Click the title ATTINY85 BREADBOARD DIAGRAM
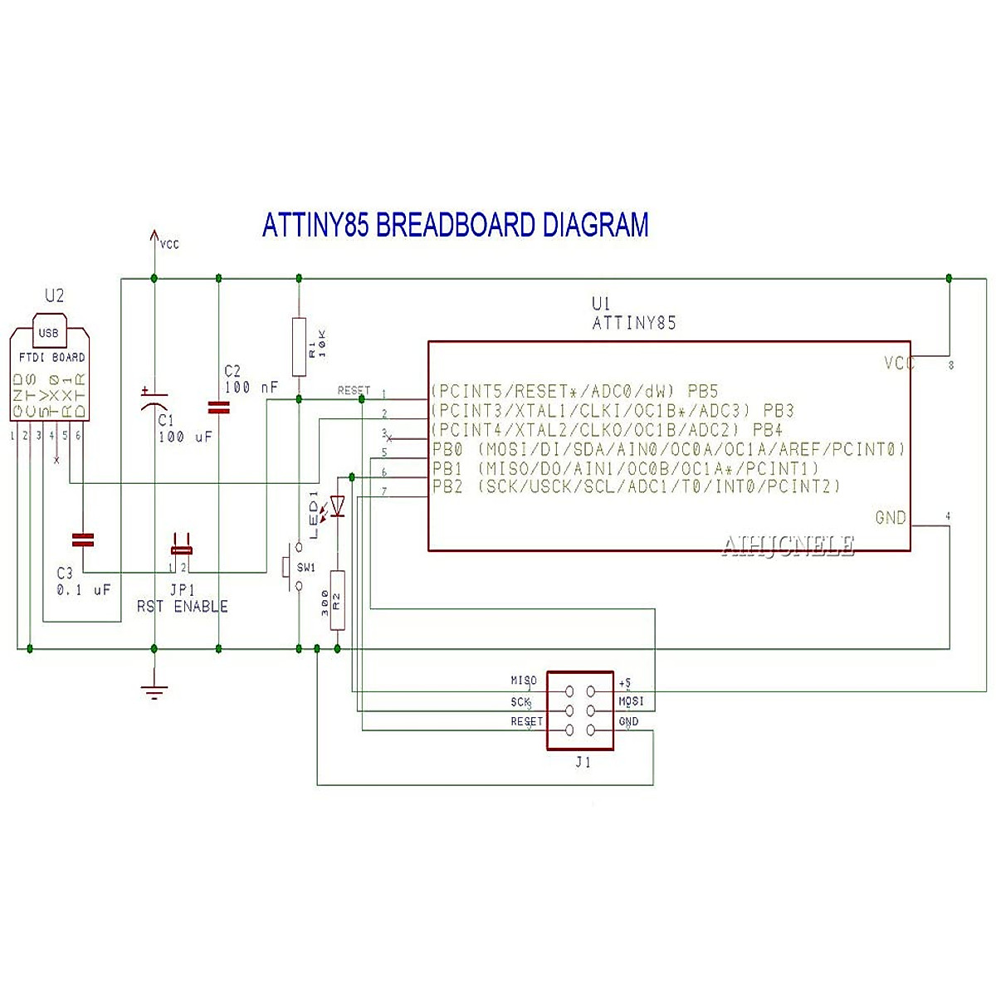[x=455, y=225]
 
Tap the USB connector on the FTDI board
[x=49, y=331]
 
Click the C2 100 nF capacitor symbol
[x=218, y=407]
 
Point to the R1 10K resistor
[x=299, y=347]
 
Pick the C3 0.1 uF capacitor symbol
[x=83, y=539]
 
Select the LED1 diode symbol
[x=337, y=504]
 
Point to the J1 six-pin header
[x=579, y=710]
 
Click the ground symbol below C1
[x=154, y=691]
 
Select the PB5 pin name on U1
[x=702, y=391]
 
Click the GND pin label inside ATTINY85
[x=891, y=518]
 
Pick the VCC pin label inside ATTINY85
[x=899, y=364]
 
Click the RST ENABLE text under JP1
[x=182, y=607]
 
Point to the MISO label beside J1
[x=524, y=681]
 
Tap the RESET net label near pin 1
[x=354, y=390]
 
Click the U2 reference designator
[x=54, y=295]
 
